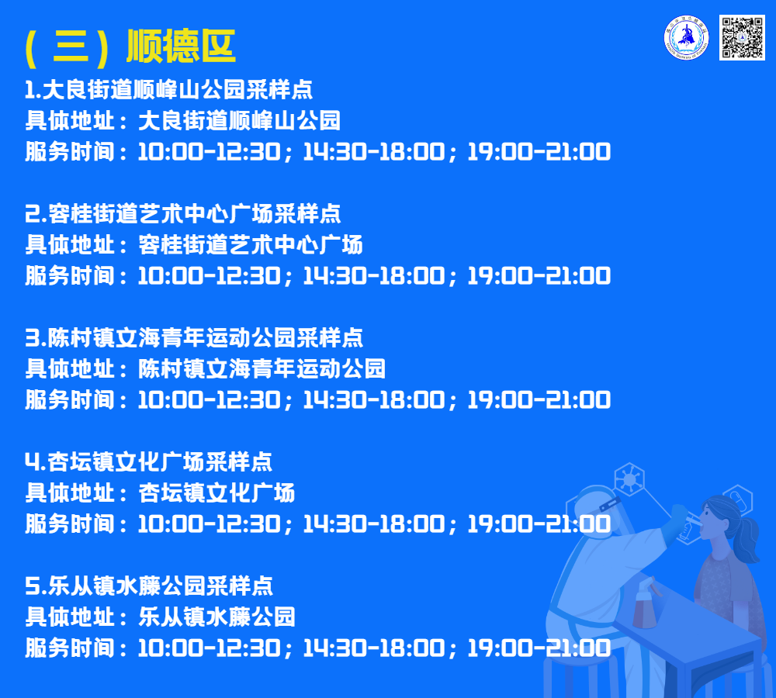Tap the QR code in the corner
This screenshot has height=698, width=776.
742,37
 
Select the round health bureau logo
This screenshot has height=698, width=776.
686,37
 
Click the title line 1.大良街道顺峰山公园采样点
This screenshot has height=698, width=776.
168,89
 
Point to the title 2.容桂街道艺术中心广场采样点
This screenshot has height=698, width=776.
182,214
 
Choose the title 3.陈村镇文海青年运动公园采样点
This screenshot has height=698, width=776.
194,338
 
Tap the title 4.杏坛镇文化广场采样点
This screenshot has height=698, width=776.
148,462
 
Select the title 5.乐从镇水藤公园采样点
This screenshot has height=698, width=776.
148,586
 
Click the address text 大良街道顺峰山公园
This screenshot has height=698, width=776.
240,121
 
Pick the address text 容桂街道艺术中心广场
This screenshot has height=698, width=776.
251,245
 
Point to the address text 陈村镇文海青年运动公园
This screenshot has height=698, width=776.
262,369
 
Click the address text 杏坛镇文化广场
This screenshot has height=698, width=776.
217,493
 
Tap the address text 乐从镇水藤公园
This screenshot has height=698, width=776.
217,617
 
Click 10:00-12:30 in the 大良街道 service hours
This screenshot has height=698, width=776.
210,152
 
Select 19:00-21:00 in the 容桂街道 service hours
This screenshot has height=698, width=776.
539,276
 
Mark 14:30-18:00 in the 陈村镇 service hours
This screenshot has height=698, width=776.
374,400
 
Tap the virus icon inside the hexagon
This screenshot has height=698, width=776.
629,479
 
